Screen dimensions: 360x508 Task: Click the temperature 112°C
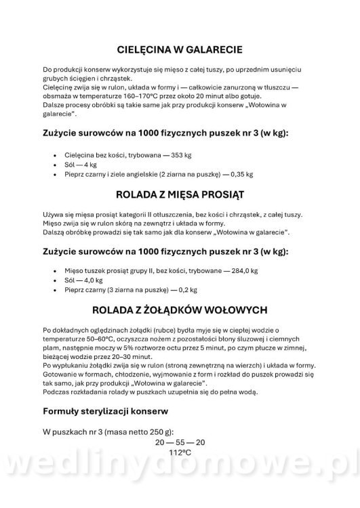pos(180,451)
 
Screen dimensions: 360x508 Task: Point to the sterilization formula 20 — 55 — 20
pos(180,442)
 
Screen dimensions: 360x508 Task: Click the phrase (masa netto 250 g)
pos(138,431)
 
